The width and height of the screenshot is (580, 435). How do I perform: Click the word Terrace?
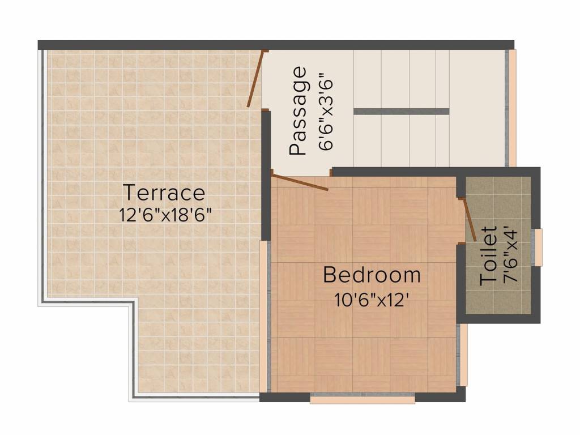coord(164,193)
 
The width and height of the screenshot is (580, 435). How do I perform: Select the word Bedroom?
coord(372,275)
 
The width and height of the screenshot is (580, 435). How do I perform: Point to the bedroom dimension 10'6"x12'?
coord(372,298)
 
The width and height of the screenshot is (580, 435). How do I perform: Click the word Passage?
coord(298,111)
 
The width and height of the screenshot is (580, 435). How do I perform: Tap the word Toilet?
coord(489,255)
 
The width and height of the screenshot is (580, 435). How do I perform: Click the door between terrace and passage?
coord(255,79)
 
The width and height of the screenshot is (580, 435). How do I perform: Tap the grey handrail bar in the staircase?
coord(401,111)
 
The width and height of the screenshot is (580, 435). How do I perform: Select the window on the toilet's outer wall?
coord(539,247)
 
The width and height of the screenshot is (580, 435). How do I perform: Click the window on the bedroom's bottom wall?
coord(362,399)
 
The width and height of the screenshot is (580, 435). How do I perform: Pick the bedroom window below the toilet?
coord(463,355)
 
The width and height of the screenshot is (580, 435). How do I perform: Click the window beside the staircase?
coord(512,108)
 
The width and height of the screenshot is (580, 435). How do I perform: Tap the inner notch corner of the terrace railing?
coord(134,303)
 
